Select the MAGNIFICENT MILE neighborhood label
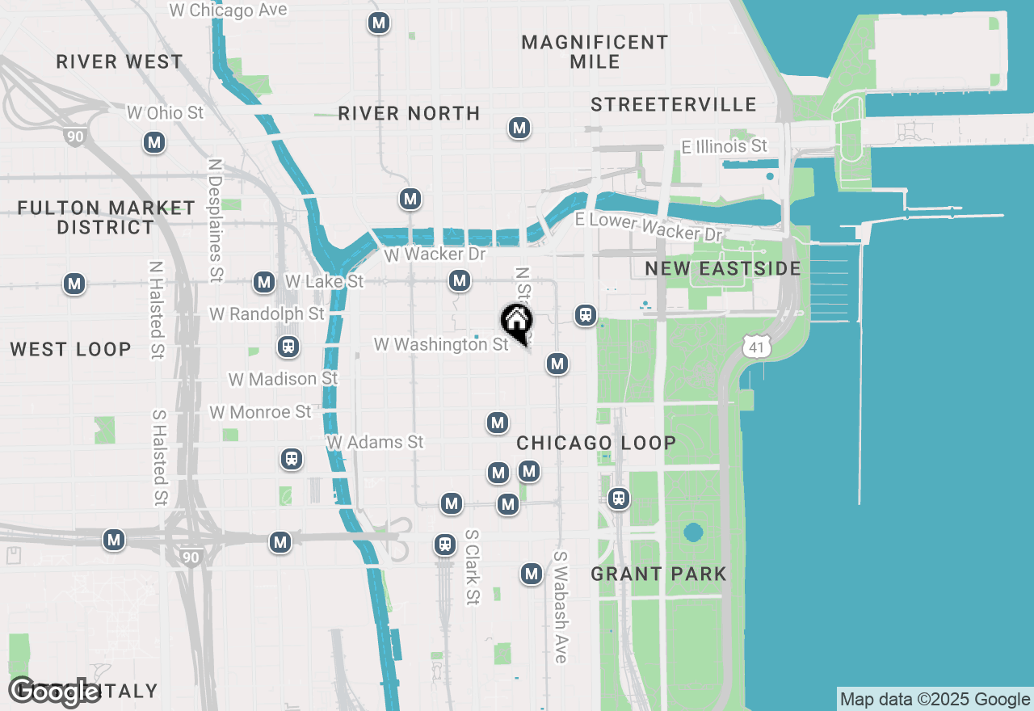coord(595,52)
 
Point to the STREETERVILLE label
coord(674,104)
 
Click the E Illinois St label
coord(724,146)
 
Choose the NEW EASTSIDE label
coord(723,268)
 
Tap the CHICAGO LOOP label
coord(596,443)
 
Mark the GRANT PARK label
coord(658,574)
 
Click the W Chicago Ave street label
coord(228,11)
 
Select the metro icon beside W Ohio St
coord(154,143)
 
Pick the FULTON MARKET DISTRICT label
coord(106,217)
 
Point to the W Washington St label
coord(441,345)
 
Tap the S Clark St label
coord(472,567)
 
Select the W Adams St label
coord(375,442)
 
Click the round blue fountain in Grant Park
coord(692,532)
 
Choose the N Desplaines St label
coord(215,220)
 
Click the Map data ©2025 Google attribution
coord(935,700)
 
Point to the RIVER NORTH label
coord(409,113)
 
